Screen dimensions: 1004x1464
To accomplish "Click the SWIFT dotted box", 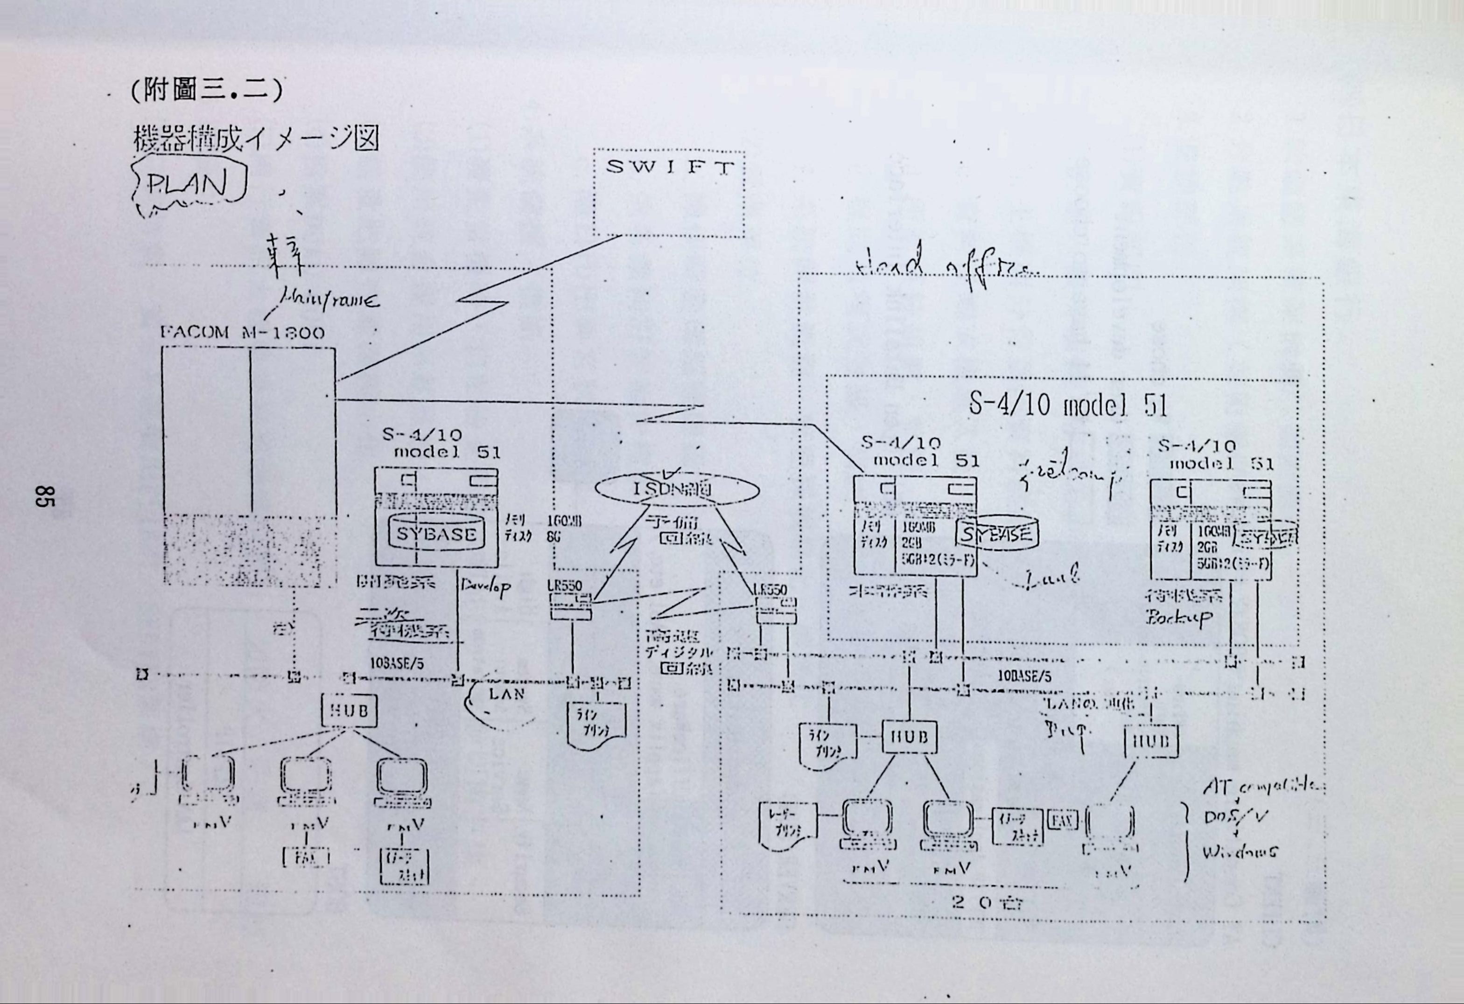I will [668, 193].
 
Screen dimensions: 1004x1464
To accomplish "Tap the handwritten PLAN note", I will [187, 184].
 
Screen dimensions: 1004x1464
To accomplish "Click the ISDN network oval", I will [677, 488].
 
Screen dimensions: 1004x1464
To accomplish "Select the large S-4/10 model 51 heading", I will [1068, 405].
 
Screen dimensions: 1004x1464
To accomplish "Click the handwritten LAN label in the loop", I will [506, 694].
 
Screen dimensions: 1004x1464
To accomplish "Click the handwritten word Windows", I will [1240, 852].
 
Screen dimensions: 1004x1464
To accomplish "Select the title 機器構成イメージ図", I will [256, 138].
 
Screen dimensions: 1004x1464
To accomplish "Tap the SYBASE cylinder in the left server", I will [435, 534].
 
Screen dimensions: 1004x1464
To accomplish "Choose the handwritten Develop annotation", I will [485, 586].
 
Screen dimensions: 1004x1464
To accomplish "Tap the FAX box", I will [1062, 821].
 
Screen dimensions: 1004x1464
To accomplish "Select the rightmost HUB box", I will [1150, 741].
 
